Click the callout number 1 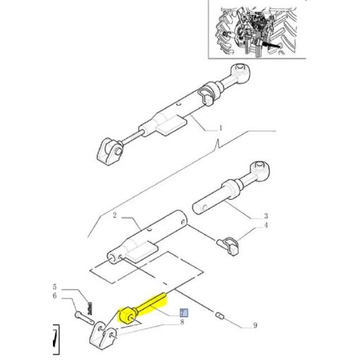[221, 128]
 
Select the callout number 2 [114, 215]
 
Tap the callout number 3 [265, 216]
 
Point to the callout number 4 [266, 225]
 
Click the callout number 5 [54, 287]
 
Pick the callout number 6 [54, 296]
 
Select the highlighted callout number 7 [184, 313]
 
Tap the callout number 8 [182, 322]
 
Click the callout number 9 [255, 325]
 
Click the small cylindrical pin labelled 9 [220, 315]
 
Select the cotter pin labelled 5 [90, 308]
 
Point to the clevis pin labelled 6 [84, 318]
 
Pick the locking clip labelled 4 [229, 245]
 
